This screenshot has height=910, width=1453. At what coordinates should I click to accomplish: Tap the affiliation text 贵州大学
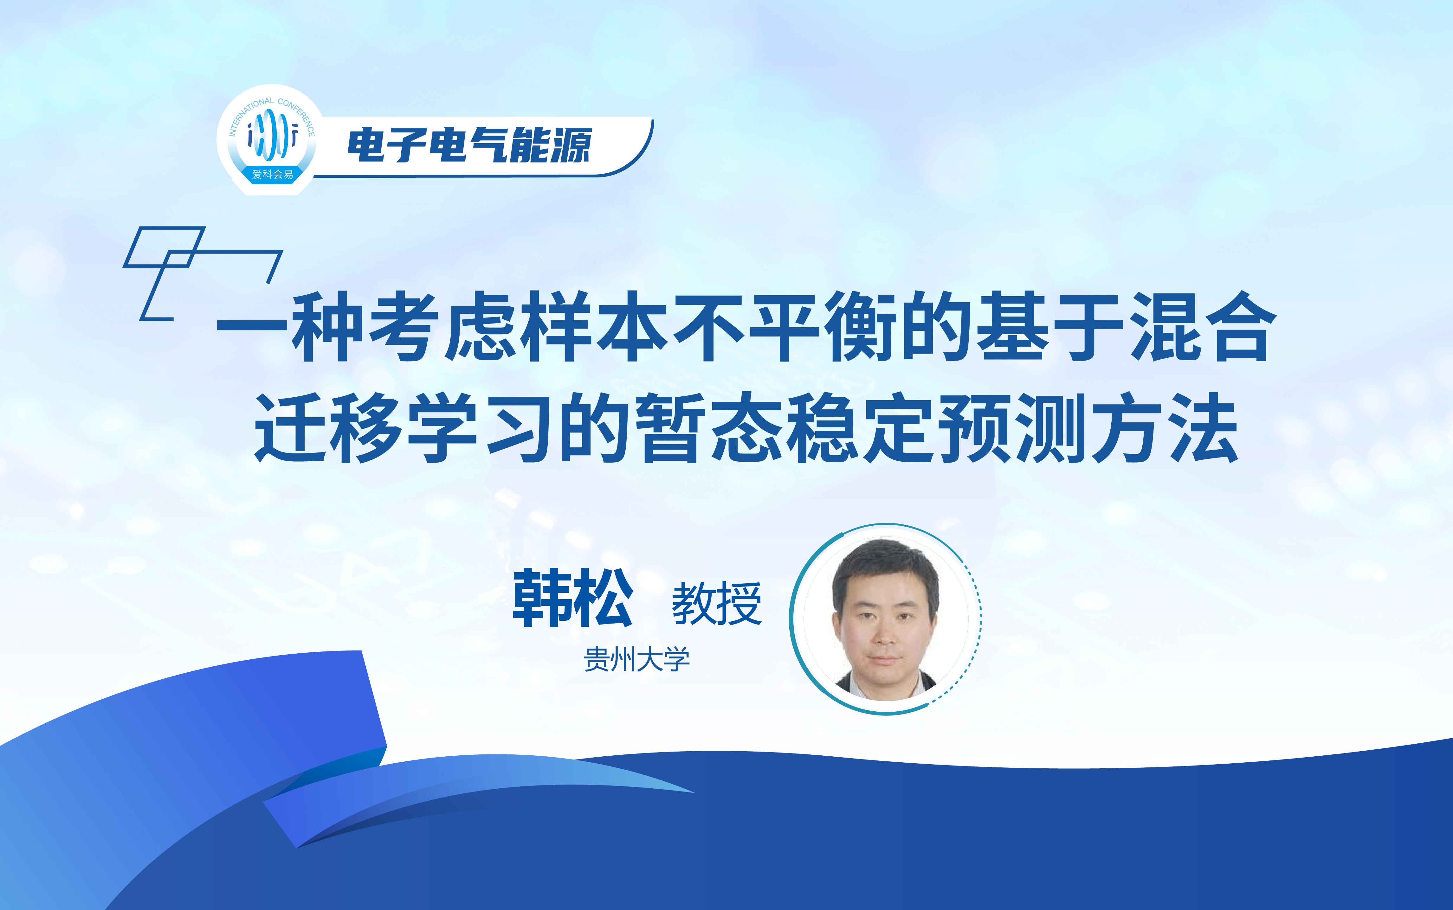coord(637,660)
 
